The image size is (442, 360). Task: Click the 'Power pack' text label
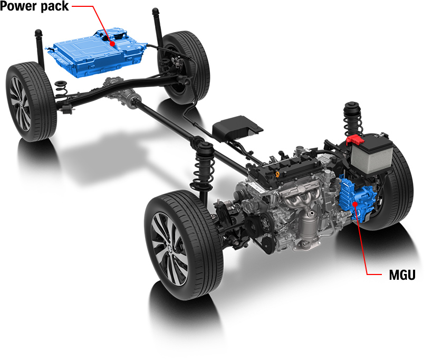[x=34, y=7]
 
